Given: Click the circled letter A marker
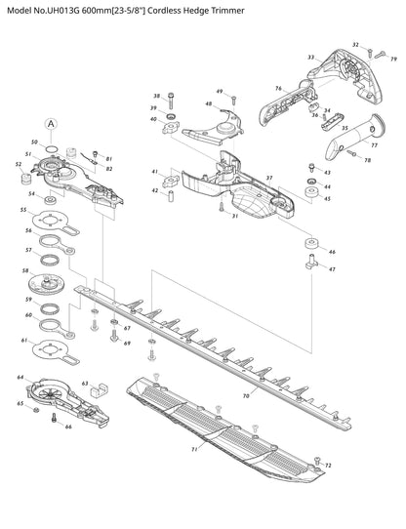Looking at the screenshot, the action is [51, 124].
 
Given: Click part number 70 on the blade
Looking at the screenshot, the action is [246, 395].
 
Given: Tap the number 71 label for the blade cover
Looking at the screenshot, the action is [194, 449].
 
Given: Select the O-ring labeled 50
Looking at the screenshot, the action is [52, 148].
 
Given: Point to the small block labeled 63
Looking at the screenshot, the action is [99, 389].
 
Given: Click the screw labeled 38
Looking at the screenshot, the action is [171, 101].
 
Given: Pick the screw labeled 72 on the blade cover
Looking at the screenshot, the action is [317, 460].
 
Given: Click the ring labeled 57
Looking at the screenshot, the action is [50, 261].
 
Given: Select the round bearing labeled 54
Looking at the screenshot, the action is [51, 199].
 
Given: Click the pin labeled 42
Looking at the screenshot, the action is [171, 196].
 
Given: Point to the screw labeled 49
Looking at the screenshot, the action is [233, 100].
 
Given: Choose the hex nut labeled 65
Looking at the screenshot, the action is [36, 410].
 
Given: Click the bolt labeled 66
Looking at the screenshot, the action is [54, 418].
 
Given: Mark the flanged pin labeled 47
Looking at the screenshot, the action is [311, 263].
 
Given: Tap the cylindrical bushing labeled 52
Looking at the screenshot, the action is [26, 179].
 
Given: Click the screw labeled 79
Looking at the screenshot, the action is [381, 54].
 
